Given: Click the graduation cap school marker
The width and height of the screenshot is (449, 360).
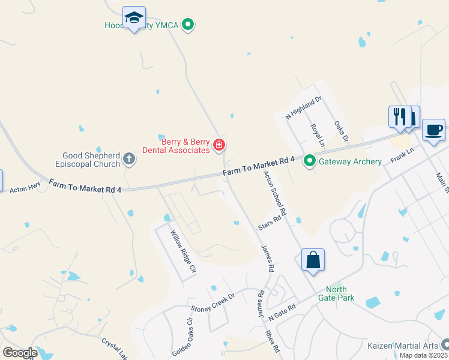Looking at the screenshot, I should pos(134,18).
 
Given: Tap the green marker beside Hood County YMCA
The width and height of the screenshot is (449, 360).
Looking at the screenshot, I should pos(188,25).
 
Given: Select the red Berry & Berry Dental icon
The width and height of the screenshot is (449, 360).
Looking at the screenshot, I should pos(219,145).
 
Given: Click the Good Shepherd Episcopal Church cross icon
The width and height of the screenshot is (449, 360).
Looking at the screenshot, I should pos(128,159).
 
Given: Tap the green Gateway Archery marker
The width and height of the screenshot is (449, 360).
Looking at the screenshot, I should pos(310,161).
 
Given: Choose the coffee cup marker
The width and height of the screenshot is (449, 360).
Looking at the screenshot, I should pos(433,130).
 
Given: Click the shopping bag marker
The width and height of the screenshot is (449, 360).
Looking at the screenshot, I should pos(313,260).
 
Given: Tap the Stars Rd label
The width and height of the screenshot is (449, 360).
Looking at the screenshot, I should pos(270,221).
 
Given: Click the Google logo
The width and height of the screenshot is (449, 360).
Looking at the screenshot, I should pos(20,352).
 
